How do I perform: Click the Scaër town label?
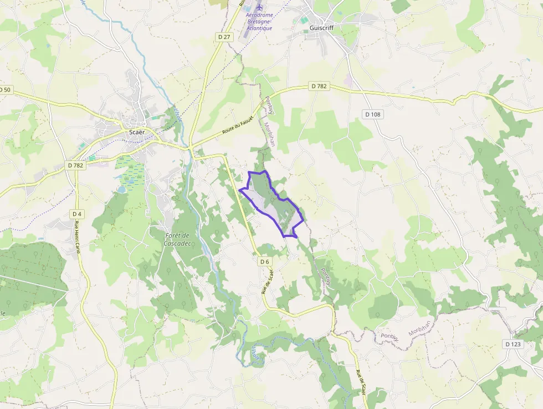pyautogui.click(x=136, y=132)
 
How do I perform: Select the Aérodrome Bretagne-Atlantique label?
pyautogui.click(x=259, y=21)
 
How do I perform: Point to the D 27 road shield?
pyautogui.click(x=224, y=37)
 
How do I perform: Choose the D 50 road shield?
pyautogui.click(x=5, y=89)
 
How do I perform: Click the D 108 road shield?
pyautogui.click(x=373, y=114)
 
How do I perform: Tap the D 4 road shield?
pyautogui.click(x=77, y=214)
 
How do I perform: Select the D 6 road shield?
pyautogui.click(x=264, y=261)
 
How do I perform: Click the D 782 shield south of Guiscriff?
pyautogui.click(x=320, y=86)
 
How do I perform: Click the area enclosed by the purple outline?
pyautogui.click(x=271, y=203)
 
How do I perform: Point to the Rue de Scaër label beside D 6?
pyautogui.click(x=268, y=280)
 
